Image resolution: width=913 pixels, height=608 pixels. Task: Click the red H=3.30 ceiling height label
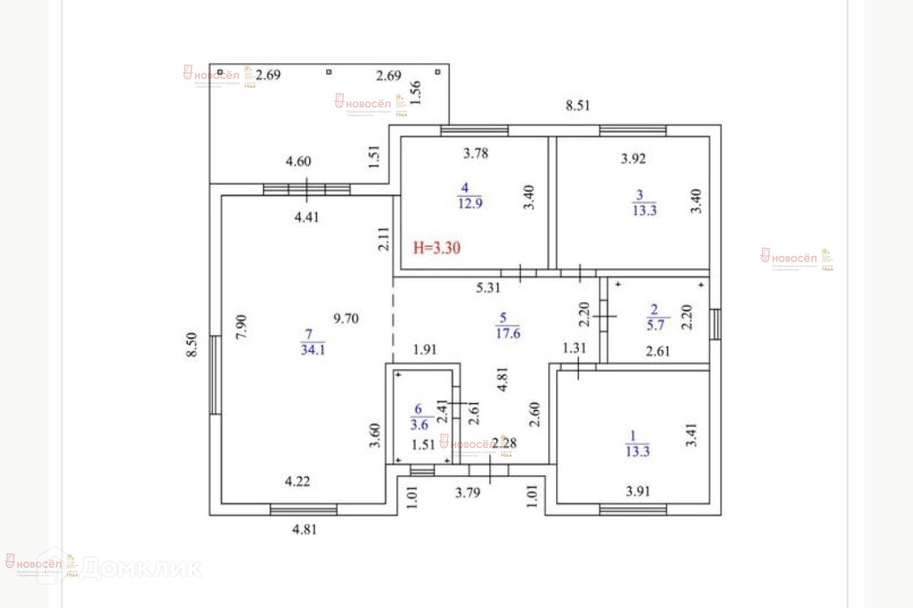tap(436, 247)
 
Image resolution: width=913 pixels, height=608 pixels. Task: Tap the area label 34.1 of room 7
tap(313, 350)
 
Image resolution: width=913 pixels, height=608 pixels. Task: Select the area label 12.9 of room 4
tap(470, 203)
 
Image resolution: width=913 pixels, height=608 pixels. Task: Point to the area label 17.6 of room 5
tap(508, 333)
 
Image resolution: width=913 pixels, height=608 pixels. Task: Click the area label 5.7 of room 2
tap(655, 325)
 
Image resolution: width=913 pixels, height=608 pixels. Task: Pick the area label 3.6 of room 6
tap(419, 425)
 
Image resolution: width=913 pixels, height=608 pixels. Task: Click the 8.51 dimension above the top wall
tap(578, 105)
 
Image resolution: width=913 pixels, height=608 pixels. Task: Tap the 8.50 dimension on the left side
tap(192, 344)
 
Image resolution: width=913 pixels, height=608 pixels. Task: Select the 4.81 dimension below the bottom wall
tap(304, 529)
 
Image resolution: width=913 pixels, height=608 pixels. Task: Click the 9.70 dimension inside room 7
tap(346, 318)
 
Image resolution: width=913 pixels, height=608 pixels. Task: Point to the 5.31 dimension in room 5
tap(488, 288)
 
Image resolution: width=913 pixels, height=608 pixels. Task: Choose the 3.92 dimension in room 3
tap(633, 159)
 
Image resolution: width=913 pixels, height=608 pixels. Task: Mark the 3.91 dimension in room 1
tap(638, 491)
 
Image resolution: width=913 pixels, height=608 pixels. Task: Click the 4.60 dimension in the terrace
tap(298, 161)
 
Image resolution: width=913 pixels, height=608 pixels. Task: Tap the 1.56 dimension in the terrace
tap(416, 93)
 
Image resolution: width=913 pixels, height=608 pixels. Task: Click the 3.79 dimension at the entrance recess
tap(467, 492)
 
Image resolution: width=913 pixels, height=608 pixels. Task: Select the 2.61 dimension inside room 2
tap(658, 351)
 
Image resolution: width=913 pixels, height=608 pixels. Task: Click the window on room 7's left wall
tap(214, 375)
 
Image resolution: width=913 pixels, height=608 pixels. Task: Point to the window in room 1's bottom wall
tap(632, 510)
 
